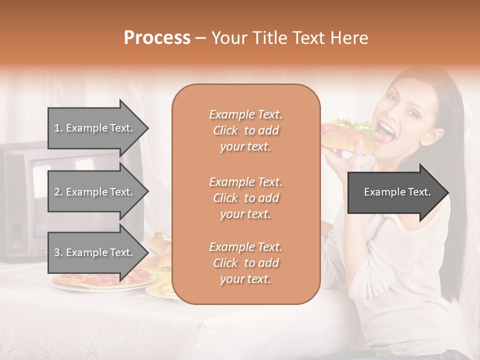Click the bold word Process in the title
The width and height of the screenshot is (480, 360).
point(157,38)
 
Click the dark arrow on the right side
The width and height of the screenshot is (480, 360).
point(397,192)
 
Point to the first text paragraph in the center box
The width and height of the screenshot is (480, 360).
point(245,130)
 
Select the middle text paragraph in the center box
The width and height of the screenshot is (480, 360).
point(245,198)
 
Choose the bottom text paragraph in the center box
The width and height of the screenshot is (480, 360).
point(245,263)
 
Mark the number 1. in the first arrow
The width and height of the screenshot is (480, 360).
point(58,128)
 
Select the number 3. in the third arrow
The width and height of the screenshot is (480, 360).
point(58,252)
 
